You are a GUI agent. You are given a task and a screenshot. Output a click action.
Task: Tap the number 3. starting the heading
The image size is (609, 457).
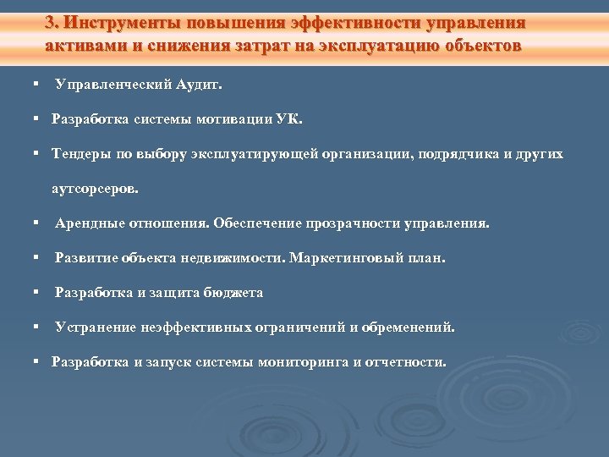[52, 21]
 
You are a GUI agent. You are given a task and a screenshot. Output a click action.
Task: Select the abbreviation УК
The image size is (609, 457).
[288, 119]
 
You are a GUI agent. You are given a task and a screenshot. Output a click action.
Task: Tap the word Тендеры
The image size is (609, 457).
[80, 155]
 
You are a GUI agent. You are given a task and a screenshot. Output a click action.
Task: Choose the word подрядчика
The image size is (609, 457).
[466, 155]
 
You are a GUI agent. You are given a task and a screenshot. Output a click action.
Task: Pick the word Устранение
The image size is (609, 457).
[92, 327]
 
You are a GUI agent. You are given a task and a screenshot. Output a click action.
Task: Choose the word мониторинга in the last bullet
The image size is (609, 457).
[303, 362]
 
